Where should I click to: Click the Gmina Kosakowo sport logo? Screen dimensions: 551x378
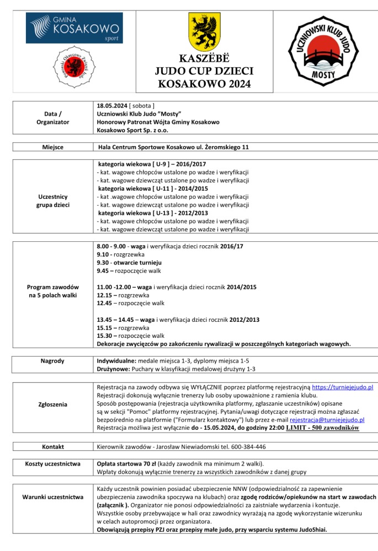[x=75, y=28]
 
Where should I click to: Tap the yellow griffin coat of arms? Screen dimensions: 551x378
[x=205, y=31]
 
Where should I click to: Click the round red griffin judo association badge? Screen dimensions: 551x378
[x=75, y=69]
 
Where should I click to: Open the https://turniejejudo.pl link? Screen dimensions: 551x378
[x=343, y=388]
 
